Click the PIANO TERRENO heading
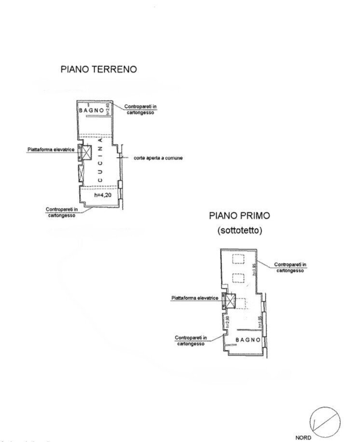98,69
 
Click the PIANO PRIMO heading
239,216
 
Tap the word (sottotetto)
239,231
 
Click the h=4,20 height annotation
103,195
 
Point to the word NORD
303,438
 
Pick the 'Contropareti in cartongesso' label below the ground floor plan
60,212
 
